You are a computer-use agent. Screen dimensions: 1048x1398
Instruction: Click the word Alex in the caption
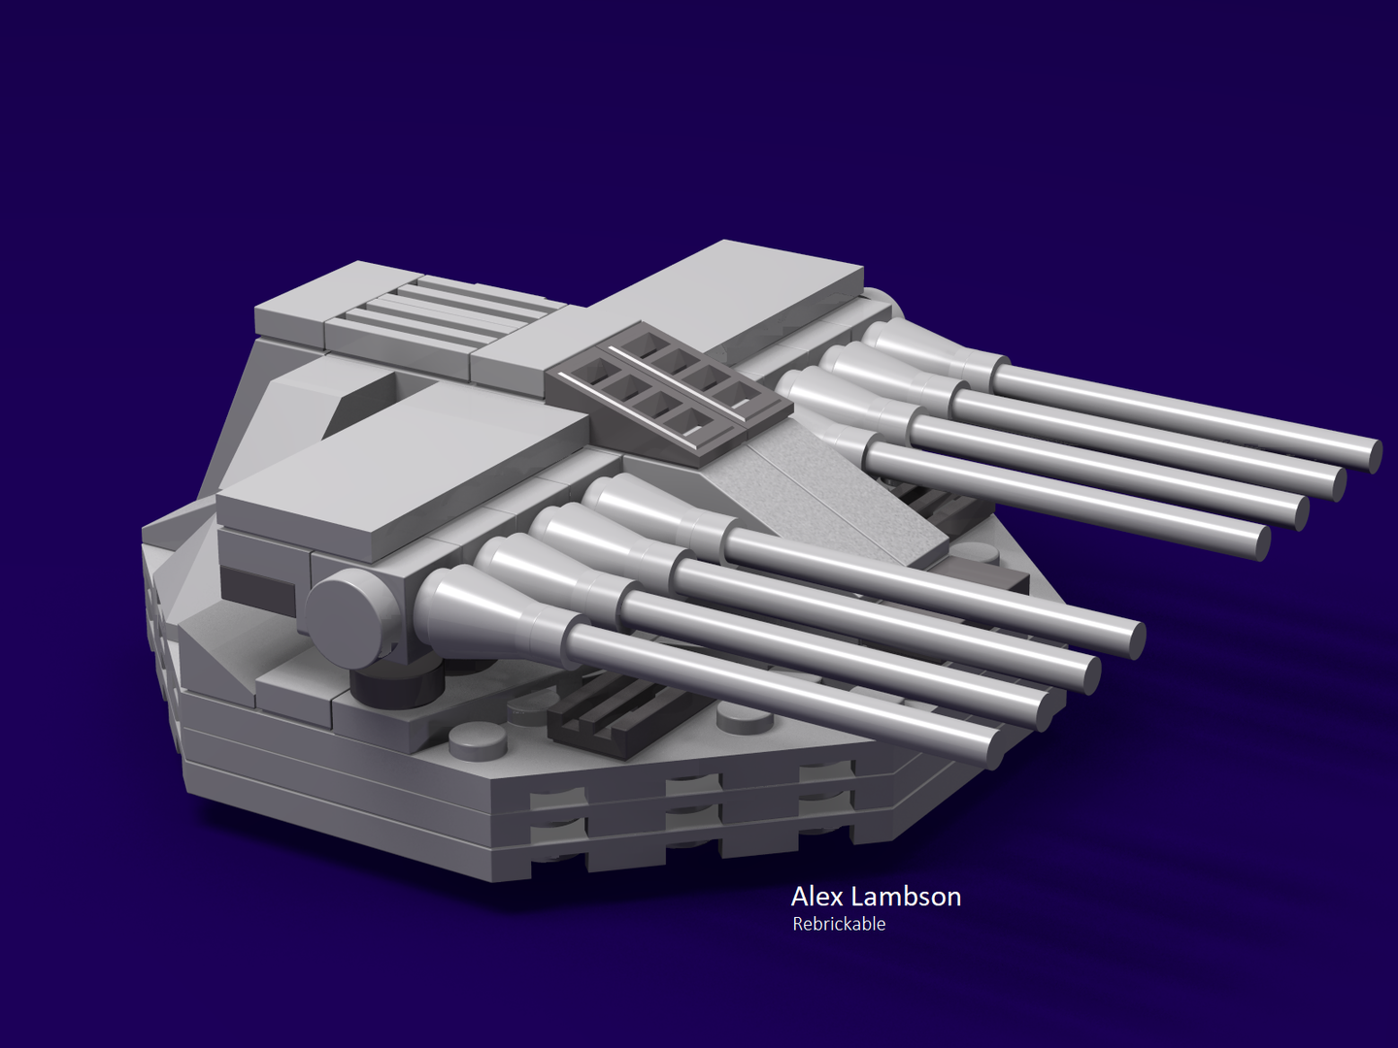(816, 896)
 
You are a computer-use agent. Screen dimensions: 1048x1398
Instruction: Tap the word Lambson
(906, 896)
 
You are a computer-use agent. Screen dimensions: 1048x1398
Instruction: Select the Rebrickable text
(839, 924)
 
